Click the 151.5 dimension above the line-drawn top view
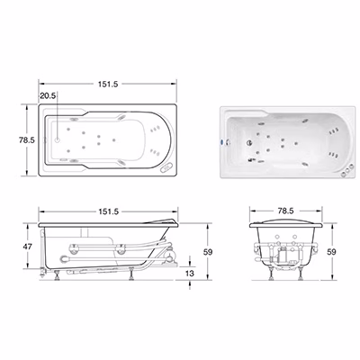[108, 85]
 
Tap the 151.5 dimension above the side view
[109, 211]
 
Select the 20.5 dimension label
[48, 95]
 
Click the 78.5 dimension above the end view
[285, 211]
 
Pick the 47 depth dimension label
[27, 247]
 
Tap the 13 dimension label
[190, 274]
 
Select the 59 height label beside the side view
[208, 252]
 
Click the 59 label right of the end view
[331, 252]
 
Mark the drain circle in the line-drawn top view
[58, 139]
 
